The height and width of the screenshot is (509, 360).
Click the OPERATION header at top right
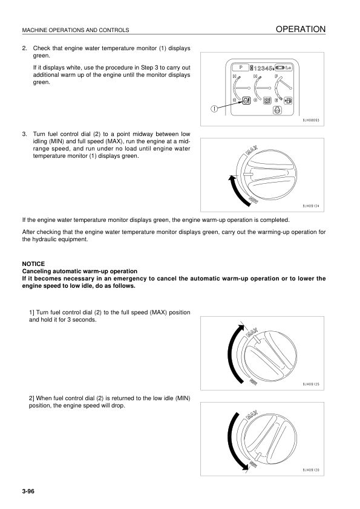[x=301, y=29]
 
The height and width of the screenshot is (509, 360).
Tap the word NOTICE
[x=34, y=264]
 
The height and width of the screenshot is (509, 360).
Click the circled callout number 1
[x=214, y=109]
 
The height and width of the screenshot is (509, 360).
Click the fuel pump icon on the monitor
[x=287, y=101]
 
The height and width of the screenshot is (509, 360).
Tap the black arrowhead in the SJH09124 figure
[x=231, y=178]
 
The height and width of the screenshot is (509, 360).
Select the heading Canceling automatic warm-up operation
[x=79, y=271]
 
